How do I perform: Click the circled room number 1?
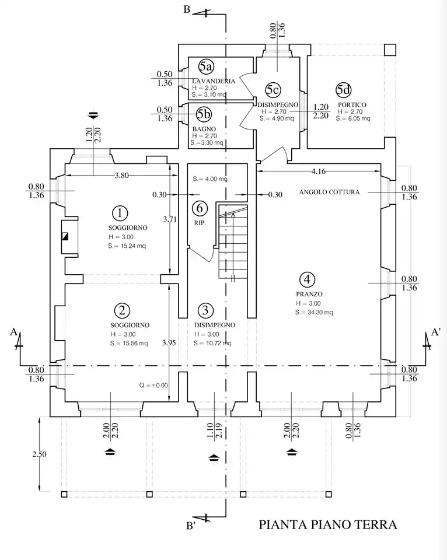point(120,213)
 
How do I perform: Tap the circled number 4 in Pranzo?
point(307,279)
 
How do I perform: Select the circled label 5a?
point(206,66)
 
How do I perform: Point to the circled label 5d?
point(343,90)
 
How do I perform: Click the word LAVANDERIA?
point(214,81)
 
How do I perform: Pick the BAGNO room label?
point(204,129)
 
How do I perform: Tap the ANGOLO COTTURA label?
point(329,192)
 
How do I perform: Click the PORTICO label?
point(352,105)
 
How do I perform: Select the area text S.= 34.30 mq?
point(314,313)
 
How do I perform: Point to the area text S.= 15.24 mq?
point(127,246)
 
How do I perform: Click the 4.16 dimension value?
point(319,171)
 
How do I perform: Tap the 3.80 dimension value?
point(121,176)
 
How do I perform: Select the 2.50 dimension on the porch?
point(39,454)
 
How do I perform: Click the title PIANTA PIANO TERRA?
point(328,524)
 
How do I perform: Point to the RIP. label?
point(200,223)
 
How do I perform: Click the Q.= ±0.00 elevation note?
point(153,386)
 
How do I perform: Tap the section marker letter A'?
point(435,332)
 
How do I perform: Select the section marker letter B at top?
point(187,9)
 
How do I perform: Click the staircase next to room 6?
point(233,241)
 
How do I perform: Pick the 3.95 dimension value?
point(169,343)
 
